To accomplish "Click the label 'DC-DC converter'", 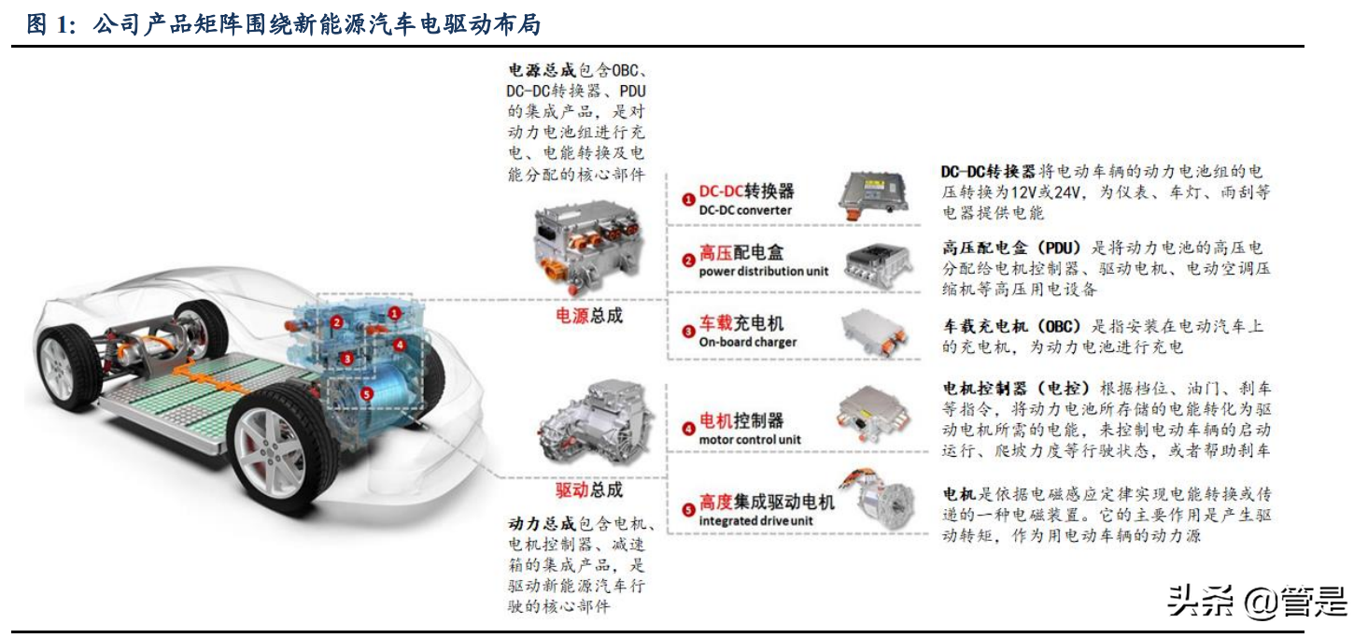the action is tap(745, 210).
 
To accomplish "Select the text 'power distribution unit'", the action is tap(764, 271).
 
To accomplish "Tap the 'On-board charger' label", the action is tap(748, 342).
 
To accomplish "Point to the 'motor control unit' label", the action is tap(749, 439).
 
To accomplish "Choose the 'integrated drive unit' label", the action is tap(755, 520).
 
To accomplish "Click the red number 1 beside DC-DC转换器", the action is tap(688, 199).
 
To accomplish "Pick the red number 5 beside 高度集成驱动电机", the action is tap(688, 510).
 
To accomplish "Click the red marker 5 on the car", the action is tap(366, 394).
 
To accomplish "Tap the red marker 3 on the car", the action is tap(346, 359).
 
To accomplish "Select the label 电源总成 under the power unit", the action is tap(588, 316).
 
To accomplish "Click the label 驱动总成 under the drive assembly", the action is tap(588, 489).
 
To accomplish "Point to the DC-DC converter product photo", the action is tap(874, 194).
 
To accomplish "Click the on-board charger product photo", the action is tap(875, 333).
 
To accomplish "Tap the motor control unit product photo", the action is tap(873, 415).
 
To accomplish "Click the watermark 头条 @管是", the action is tap(1257, 602).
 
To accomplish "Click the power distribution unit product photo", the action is tap(877, 266).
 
